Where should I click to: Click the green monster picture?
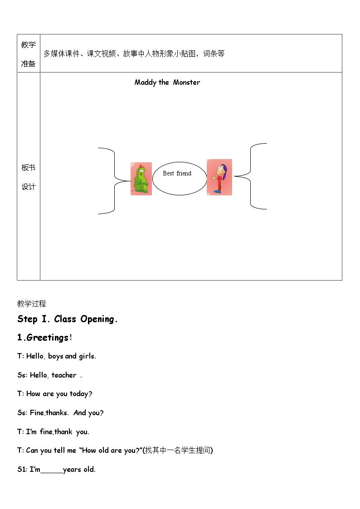(141, 179)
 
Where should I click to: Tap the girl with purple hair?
(219, 177)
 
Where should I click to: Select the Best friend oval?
(180, 179)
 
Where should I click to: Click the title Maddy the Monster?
(167, 82)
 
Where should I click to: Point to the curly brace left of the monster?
(114, 180)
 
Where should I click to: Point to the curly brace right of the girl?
(251, 176)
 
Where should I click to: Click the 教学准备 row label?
(28, 54)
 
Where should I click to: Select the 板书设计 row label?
(28, 177)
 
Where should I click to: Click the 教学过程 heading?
(31, 304)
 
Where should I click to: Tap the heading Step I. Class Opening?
(67, 319)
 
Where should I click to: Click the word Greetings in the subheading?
(48, 338)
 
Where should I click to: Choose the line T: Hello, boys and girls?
(57, 356)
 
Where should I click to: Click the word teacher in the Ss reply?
(64, 375)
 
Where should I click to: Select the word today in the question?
(79, 394)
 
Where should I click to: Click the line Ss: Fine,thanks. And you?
(60, 413)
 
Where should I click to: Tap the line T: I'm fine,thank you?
(53, 432)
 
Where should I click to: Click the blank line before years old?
(52, 473)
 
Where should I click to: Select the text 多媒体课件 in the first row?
(62, 53)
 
